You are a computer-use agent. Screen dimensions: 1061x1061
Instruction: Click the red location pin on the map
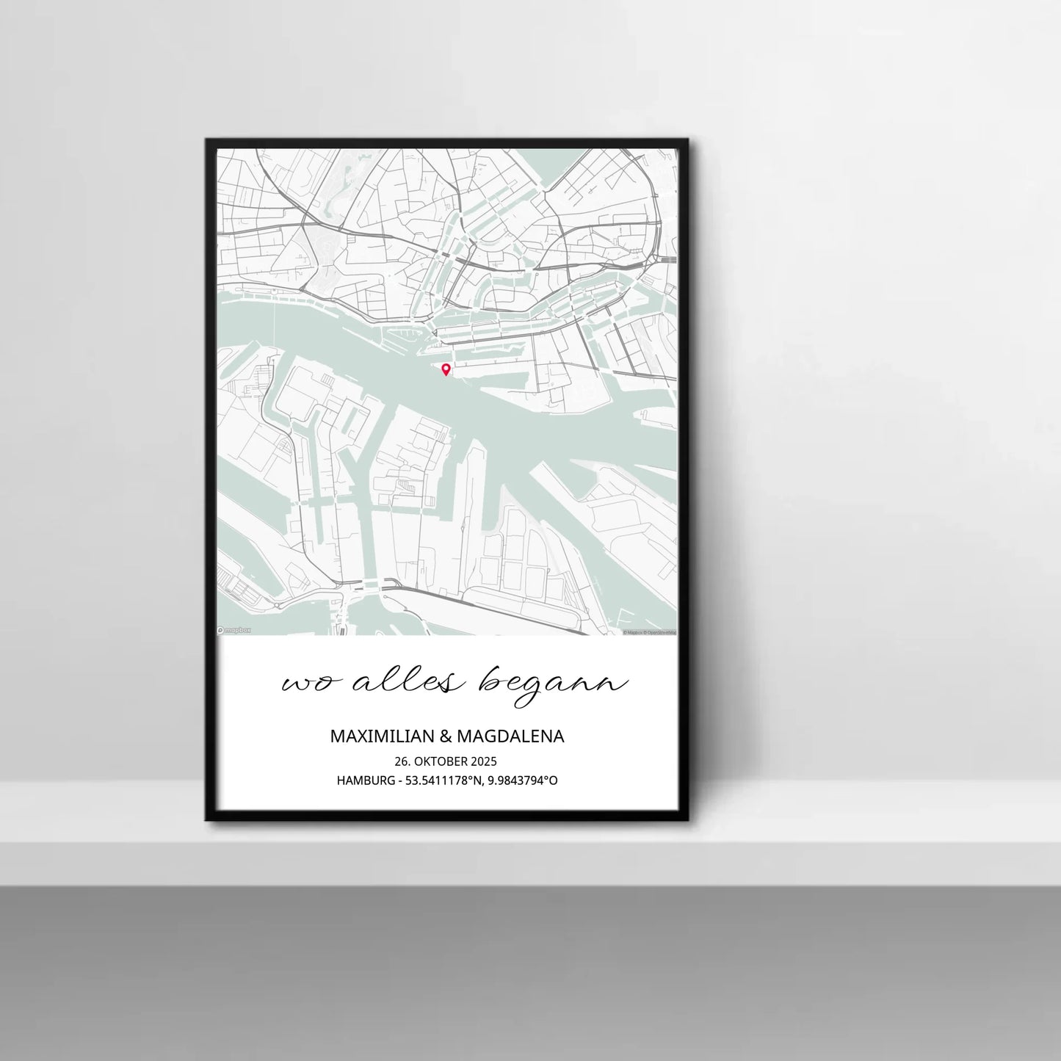click(x=445, y=369)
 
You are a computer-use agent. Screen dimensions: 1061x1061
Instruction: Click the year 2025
click(x=484, y=761)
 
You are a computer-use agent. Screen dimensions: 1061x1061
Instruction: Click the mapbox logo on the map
click(x=234, y=630)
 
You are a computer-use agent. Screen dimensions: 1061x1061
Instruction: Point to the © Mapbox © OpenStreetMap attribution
click(x=649, y=631)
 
